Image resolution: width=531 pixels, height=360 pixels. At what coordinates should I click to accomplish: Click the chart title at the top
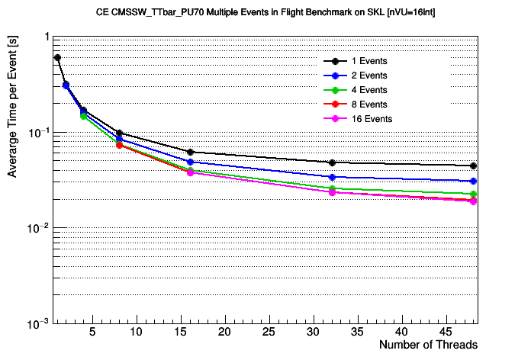(x=265, y=12)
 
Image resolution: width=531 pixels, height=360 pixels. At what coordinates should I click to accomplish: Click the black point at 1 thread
(x=57, y=57)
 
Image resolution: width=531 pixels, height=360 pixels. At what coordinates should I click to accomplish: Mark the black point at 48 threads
(x=474, y=166)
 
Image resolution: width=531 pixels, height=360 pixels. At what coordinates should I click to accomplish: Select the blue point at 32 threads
(x=332, y=177)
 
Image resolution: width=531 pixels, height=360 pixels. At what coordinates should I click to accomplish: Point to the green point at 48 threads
(x=474, y=194)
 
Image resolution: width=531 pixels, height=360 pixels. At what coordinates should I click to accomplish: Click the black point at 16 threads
(x=190, y=152)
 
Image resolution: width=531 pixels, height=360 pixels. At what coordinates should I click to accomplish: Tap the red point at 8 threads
(x=119, y=145)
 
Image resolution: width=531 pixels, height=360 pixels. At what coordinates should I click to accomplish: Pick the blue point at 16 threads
(x=190, y=162)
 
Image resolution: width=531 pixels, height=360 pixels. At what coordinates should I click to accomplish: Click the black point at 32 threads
(x=332, y=163)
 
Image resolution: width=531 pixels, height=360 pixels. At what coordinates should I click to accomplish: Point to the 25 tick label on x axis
(x=269, y=332)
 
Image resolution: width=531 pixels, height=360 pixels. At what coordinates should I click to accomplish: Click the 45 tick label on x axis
(x=446, y=332)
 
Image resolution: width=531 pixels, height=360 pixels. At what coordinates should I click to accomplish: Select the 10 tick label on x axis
(x=136, y=332)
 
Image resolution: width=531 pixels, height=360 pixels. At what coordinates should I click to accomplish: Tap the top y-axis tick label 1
(x=47, y=37)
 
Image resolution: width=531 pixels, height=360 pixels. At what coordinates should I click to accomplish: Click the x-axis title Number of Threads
(x=429, y=345)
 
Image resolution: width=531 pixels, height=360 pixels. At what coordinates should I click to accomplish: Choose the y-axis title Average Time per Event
(x=12, y=106)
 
